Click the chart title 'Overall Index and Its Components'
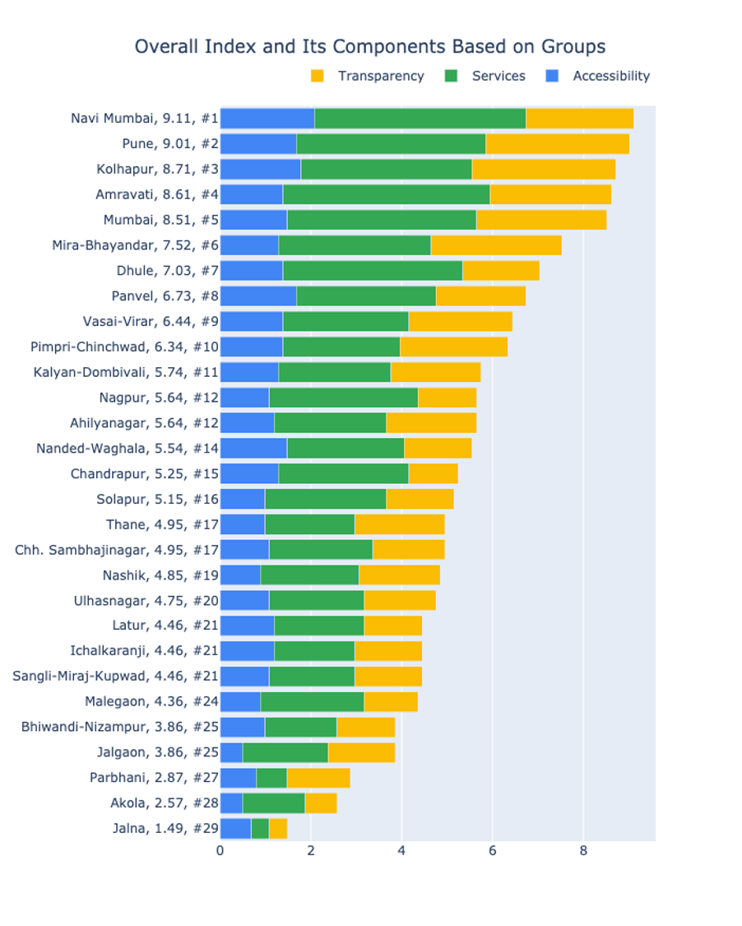pyautogui.click(x=370, y=47)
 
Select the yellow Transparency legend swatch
pyautogui.click(x=318, y=77)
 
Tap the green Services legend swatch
pyautogui.click(x=451, y=77)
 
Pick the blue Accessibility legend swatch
pyautogui.click(x=553, y=77)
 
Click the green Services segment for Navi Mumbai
pyautogui.click(x=420, y=119)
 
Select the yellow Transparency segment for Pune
pyautogui.click(x=557, y=144)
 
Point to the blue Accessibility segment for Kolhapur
pyautogui.click(x=260, y=170)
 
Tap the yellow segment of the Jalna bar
pyautogui.click(x=278, y=828)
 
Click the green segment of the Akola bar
pyautogui.click(x=273, y=803)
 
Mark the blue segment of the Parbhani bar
pyautogui.click(x=238, y=777)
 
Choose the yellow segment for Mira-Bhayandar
pyautogui.click(x=496, y=245)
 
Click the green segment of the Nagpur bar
pyautogui.click(x=343, y=398)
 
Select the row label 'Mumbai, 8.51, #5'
pyautogui.click(x=160, y=220)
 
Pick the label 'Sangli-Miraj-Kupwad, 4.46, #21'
pyautogui.click(x=115, y=676)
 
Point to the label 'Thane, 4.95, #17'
pyautogui.click(x=162, y=524)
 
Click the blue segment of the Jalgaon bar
pyautogui.click(x=231, y=752)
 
